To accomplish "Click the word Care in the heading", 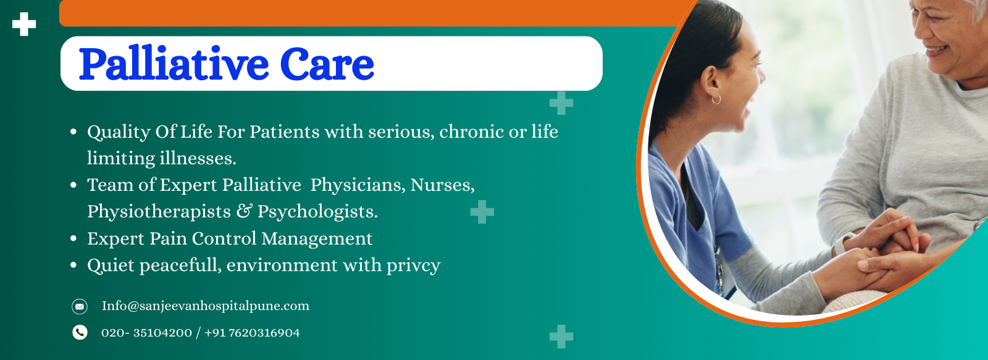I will click(x=327, y=64).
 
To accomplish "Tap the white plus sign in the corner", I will click(x=24, y=24).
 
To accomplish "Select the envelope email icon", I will click(x=80, y=306).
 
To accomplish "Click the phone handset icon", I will click(x=80, y=333).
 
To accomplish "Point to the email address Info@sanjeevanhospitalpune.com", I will click(x=206, y=306).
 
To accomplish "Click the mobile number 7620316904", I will click(x=264, y=333).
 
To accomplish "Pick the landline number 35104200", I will click(x=162, y=333).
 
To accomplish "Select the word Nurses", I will click(x=442, y=185).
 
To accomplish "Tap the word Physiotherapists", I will click(x=159, y=212).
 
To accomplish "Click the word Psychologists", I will click(x=317, y=212).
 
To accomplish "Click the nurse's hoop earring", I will click(x=716, y=99).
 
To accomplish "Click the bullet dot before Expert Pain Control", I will click(x=73, y=239).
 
